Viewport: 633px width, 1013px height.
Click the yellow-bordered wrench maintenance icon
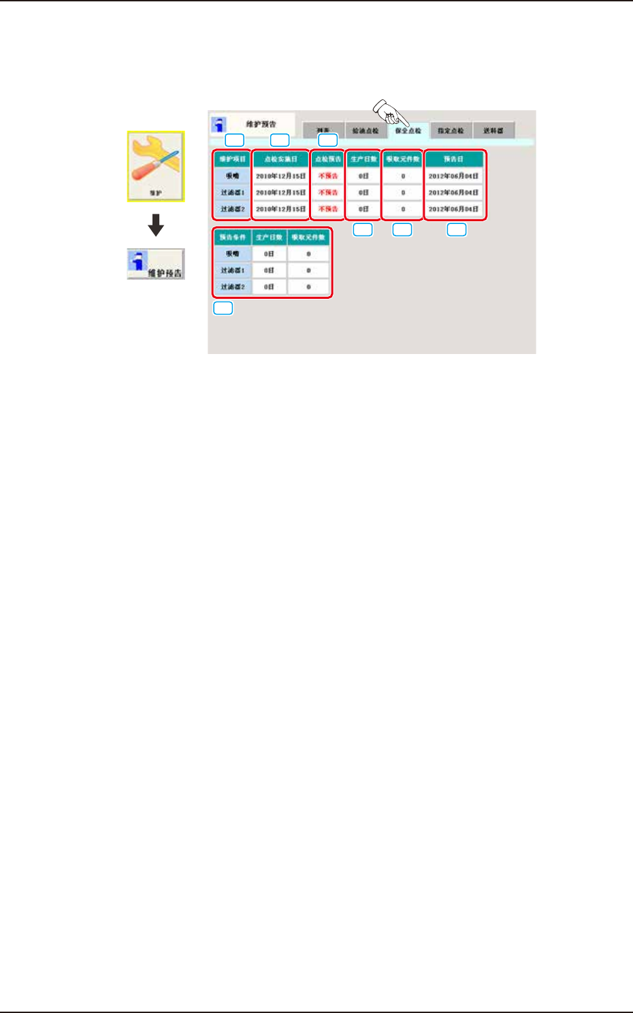[156, 166]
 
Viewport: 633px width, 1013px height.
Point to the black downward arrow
[156, 225]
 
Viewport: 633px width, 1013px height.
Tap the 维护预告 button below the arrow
[156, 264]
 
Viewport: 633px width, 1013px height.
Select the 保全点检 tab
[408, 131]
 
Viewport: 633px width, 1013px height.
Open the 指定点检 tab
[451, 131]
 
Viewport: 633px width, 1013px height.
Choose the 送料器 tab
[493, 131]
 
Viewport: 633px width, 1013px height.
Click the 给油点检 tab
[366, 131]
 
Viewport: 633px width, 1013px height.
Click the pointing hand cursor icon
[389, 111]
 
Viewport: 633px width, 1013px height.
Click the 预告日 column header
[454, 159]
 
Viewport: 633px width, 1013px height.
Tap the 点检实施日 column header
[280, 159]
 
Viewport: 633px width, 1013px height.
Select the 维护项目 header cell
[232, 159]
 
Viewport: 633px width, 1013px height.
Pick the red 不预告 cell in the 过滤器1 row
[328, 193]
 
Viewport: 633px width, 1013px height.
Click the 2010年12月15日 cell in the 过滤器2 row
[280, 209]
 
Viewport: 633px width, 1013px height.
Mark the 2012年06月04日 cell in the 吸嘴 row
[454, 176]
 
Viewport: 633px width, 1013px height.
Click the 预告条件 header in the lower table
[232, 238]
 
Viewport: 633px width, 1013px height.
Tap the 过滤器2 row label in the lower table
[232, 287]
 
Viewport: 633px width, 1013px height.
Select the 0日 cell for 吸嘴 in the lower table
[269, 254]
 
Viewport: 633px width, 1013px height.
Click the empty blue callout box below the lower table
[223, 308]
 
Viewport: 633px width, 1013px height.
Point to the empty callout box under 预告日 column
[456, 229]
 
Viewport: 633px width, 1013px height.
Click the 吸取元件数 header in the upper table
[403, 159]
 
